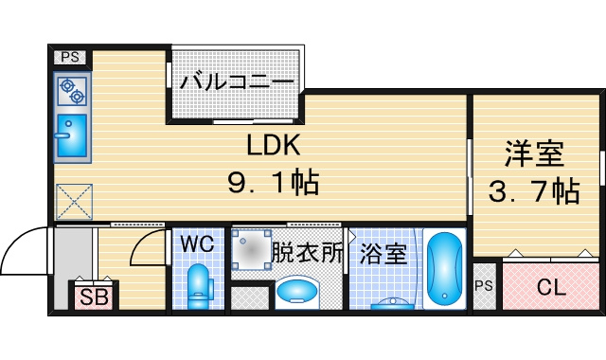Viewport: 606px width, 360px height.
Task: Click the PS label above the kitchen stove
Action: [x=70, y=58]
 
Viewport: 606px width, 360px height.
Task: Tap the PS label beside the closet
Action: [x=484, y=286]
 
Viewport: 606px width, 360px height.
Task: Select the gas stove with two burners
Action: [x=72, y=91]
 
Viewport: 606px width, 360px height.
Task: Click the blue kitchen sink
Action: [x=72, y=135]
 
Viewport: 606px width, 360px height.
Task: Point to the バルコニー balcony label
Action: [x=237, y=82]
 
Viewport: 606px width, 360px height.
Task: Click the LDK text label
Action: [x=274, y=145]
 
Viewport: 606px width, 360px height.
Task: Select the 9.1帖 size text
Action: [x=274, y=182]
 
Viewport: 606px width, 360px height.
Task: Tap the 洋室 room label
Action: [x=534, y=153]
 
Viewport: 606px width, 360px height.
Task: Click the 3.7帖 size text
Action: [x=534, y=191]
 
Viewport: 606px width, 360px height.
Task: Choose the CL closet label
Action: [x=551, y=287]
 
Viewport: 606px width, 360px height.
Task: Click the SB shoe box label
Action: [x=94, y=297]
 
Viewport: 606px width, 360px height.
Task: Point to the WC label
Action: [x=197, y=244]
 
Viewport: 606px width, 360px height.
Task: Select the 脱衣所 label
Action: [x=307, y=253]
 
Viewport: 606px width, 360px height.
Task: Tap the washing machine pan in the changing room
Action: [x=251, y=250]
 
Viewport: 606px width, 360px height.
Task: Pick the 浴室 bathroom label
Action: [x=383, y=253]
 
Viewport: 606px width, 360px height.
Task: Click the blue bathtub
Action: [x=444, y=268]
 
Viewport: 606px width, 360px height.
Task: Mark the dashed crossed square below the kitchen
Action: [x=74, y=202]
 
